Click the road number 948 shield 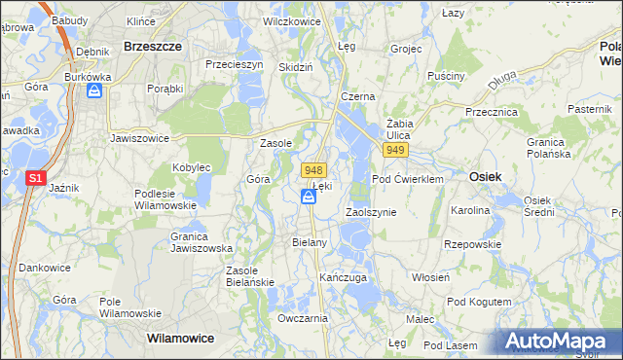click(x=312, y=169)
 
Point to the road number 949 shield click(x=395, y=151)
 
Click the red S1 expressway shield click(x=34, y=178)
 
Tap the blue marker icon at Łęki click(x=308, y=198)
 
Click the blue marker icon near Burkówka click(x=94, y=91)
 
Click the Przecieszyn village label click(x=234, y=64)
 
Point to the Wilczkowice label click(x=293, y=19)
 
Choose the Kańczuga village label click(x=343, y=277)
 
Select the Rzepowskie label click(x=470, y=244)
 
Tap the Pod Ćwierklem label click(x=407, y=179)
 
